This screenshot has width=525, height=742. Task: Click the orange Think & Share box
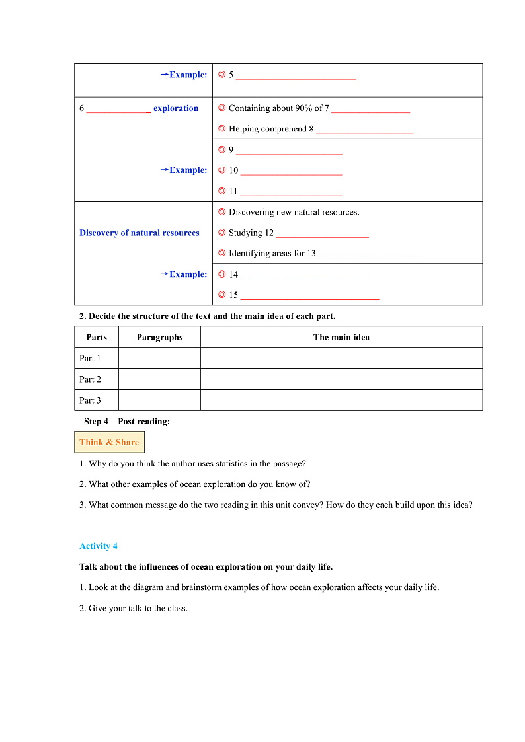pos(109,443)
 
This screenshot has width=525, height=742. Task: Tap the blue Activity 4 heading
pos(99,546)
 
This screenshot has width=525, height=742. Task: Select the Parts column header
pos(97,337)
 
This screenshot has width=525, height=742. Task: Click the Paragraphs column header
pos(159,337)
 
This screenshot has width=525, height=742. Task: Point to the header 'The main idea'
pos(341,337)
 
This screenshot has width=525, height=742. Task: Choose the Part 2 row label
pos(91,379)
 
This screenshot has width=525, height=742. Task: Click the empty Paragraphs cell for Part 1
pos(159,358)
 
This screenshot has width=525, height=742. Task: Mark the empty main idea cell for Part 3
pos(341,400)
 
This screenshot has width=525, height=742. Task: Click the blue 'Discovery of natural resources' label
pos(140,233)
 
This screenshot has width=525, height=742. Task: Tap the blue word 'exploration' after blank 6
pos(176,108)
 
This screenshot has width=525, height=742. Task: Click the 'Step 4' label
pos(96,422)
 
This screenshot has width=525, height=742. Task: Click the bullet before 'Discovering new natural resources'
pos(222,212)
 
